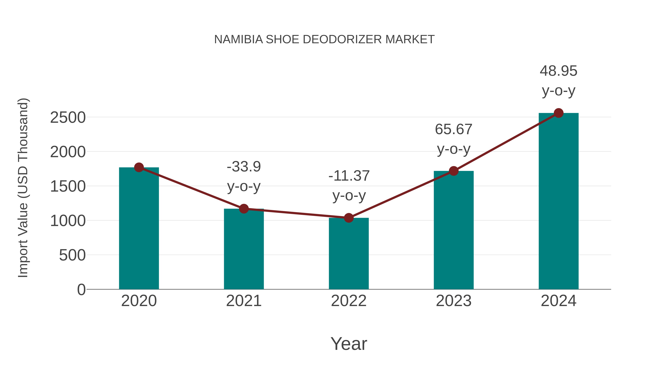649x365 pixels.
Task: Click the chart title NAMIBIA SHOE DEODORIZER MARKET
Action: pyautogui.click(x=324, y=39)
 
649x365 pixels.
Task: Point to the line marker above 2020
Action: pyautogui.click(x=139, y=167)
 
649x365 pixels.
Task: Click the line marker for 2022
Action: pyautogui.click(x=349, y=218)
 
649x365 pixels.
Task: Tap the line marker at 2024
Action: pyautogui.click(x=559, y=113)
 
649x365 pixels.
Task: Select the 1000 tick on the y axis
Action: pyautogui.click(x=68, y=221)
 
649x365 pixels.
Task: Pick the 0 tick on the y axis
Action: pyautogui.click(x=81, y=289)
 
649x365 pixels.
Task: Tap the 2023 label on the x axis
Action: pyautogui.click(x=454, y=301)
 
